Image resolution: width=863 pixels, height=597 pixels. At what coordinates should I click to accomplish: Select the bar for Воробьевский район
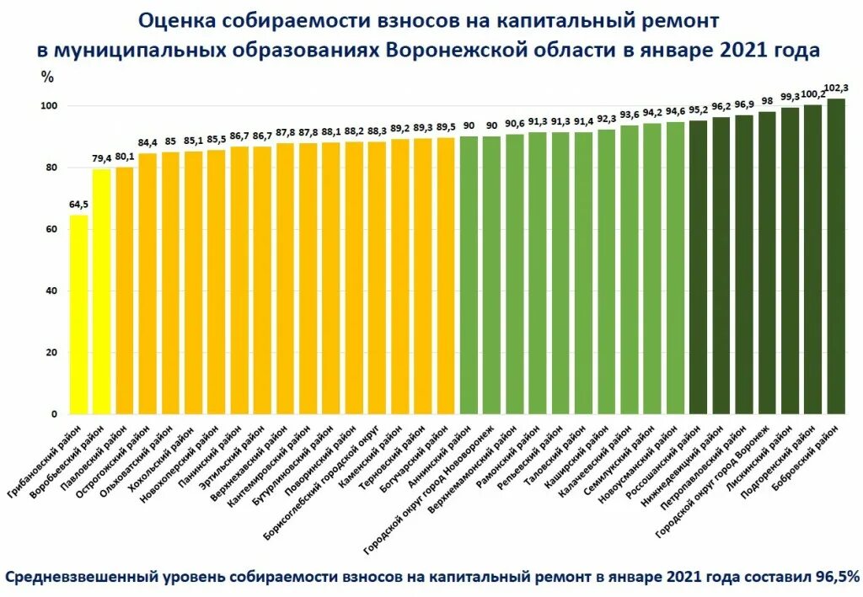101,291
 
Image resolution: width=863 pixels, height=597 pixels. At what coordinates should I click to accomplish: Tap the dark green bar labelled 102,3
835,257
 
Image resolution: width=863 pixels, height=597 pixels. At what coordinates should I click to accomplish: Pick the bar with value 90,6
514,275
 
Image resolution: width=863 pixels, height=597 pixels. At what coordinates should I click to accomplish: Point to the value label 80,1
124,157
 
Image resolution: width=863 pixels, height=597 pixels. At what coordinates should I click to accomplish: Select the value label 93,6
629,115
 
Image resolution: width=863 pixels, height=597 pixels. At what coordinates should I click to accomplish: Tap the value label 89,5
446,127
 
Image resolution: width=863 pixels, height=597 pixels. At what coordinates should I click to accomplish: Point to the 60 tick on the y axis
52,229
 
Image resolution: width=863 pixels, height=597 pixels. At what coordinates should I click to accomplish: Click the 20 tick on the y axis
52,353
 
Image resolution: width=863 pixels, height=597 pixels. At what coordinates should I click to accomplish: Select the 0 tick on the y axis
55,414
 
